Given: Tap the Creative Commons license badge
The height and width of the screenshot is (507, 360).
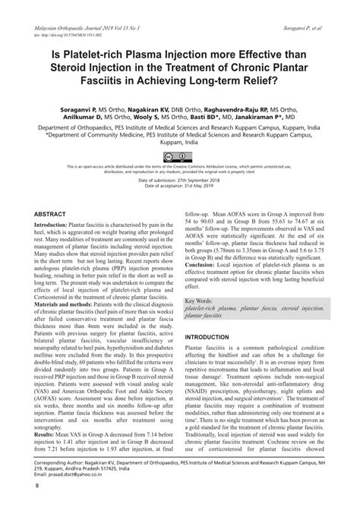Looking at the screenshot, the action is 180,157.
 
